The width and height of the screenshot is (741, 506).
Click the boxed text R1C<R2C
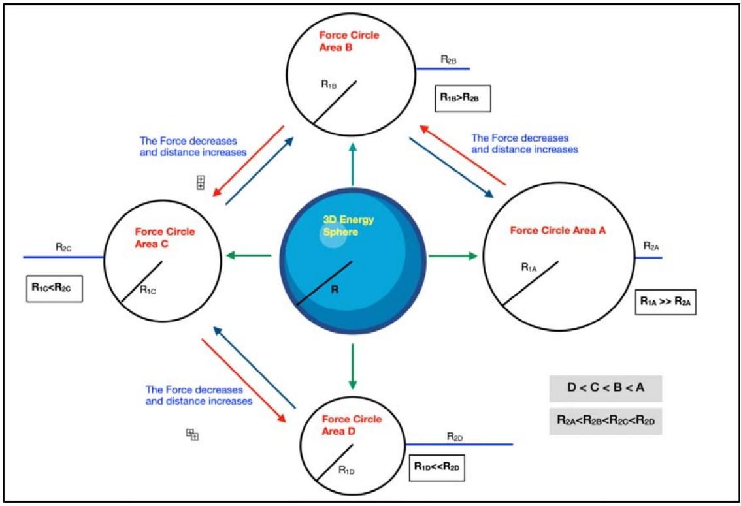click(x=54, y=287)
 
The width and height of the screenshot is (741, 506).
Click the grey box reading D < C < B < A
click(x=606, y=388)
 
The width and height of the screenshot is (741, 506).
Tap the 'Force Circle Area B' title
click(x=348, y=40)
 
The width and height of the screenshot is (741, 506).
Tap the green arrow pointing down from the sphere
click(x=353, y=366)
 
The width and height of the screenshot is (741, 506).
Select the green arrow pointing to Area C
click(x=248, y=255)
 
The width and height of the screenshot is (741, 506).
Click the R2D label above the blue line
click(x=455, y=435)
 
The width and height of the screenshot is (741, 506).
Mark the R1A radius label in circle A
click(x=529, y=266)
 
